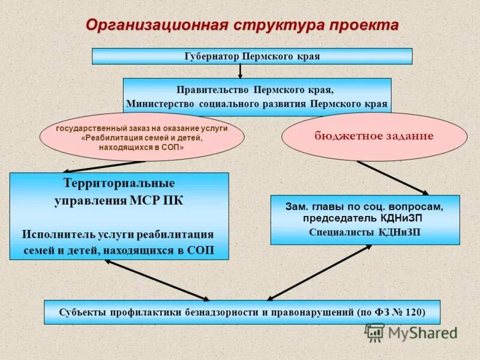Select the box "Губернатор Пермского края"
[251, 56]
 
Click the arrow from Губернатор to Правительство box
[240, 71]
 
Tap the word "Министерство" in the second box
[158, 104]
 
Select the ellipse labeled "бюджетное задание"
[374, 136]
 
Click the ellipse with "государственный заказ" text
[142, 137]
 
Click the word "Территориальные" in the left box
[119, 182]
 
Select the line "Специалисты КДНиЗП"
[365, 232]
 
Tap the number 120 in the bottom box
[412, 313]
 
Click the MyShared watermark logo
[411, 331]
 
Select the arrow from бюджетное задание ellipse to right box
[392, 178]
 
